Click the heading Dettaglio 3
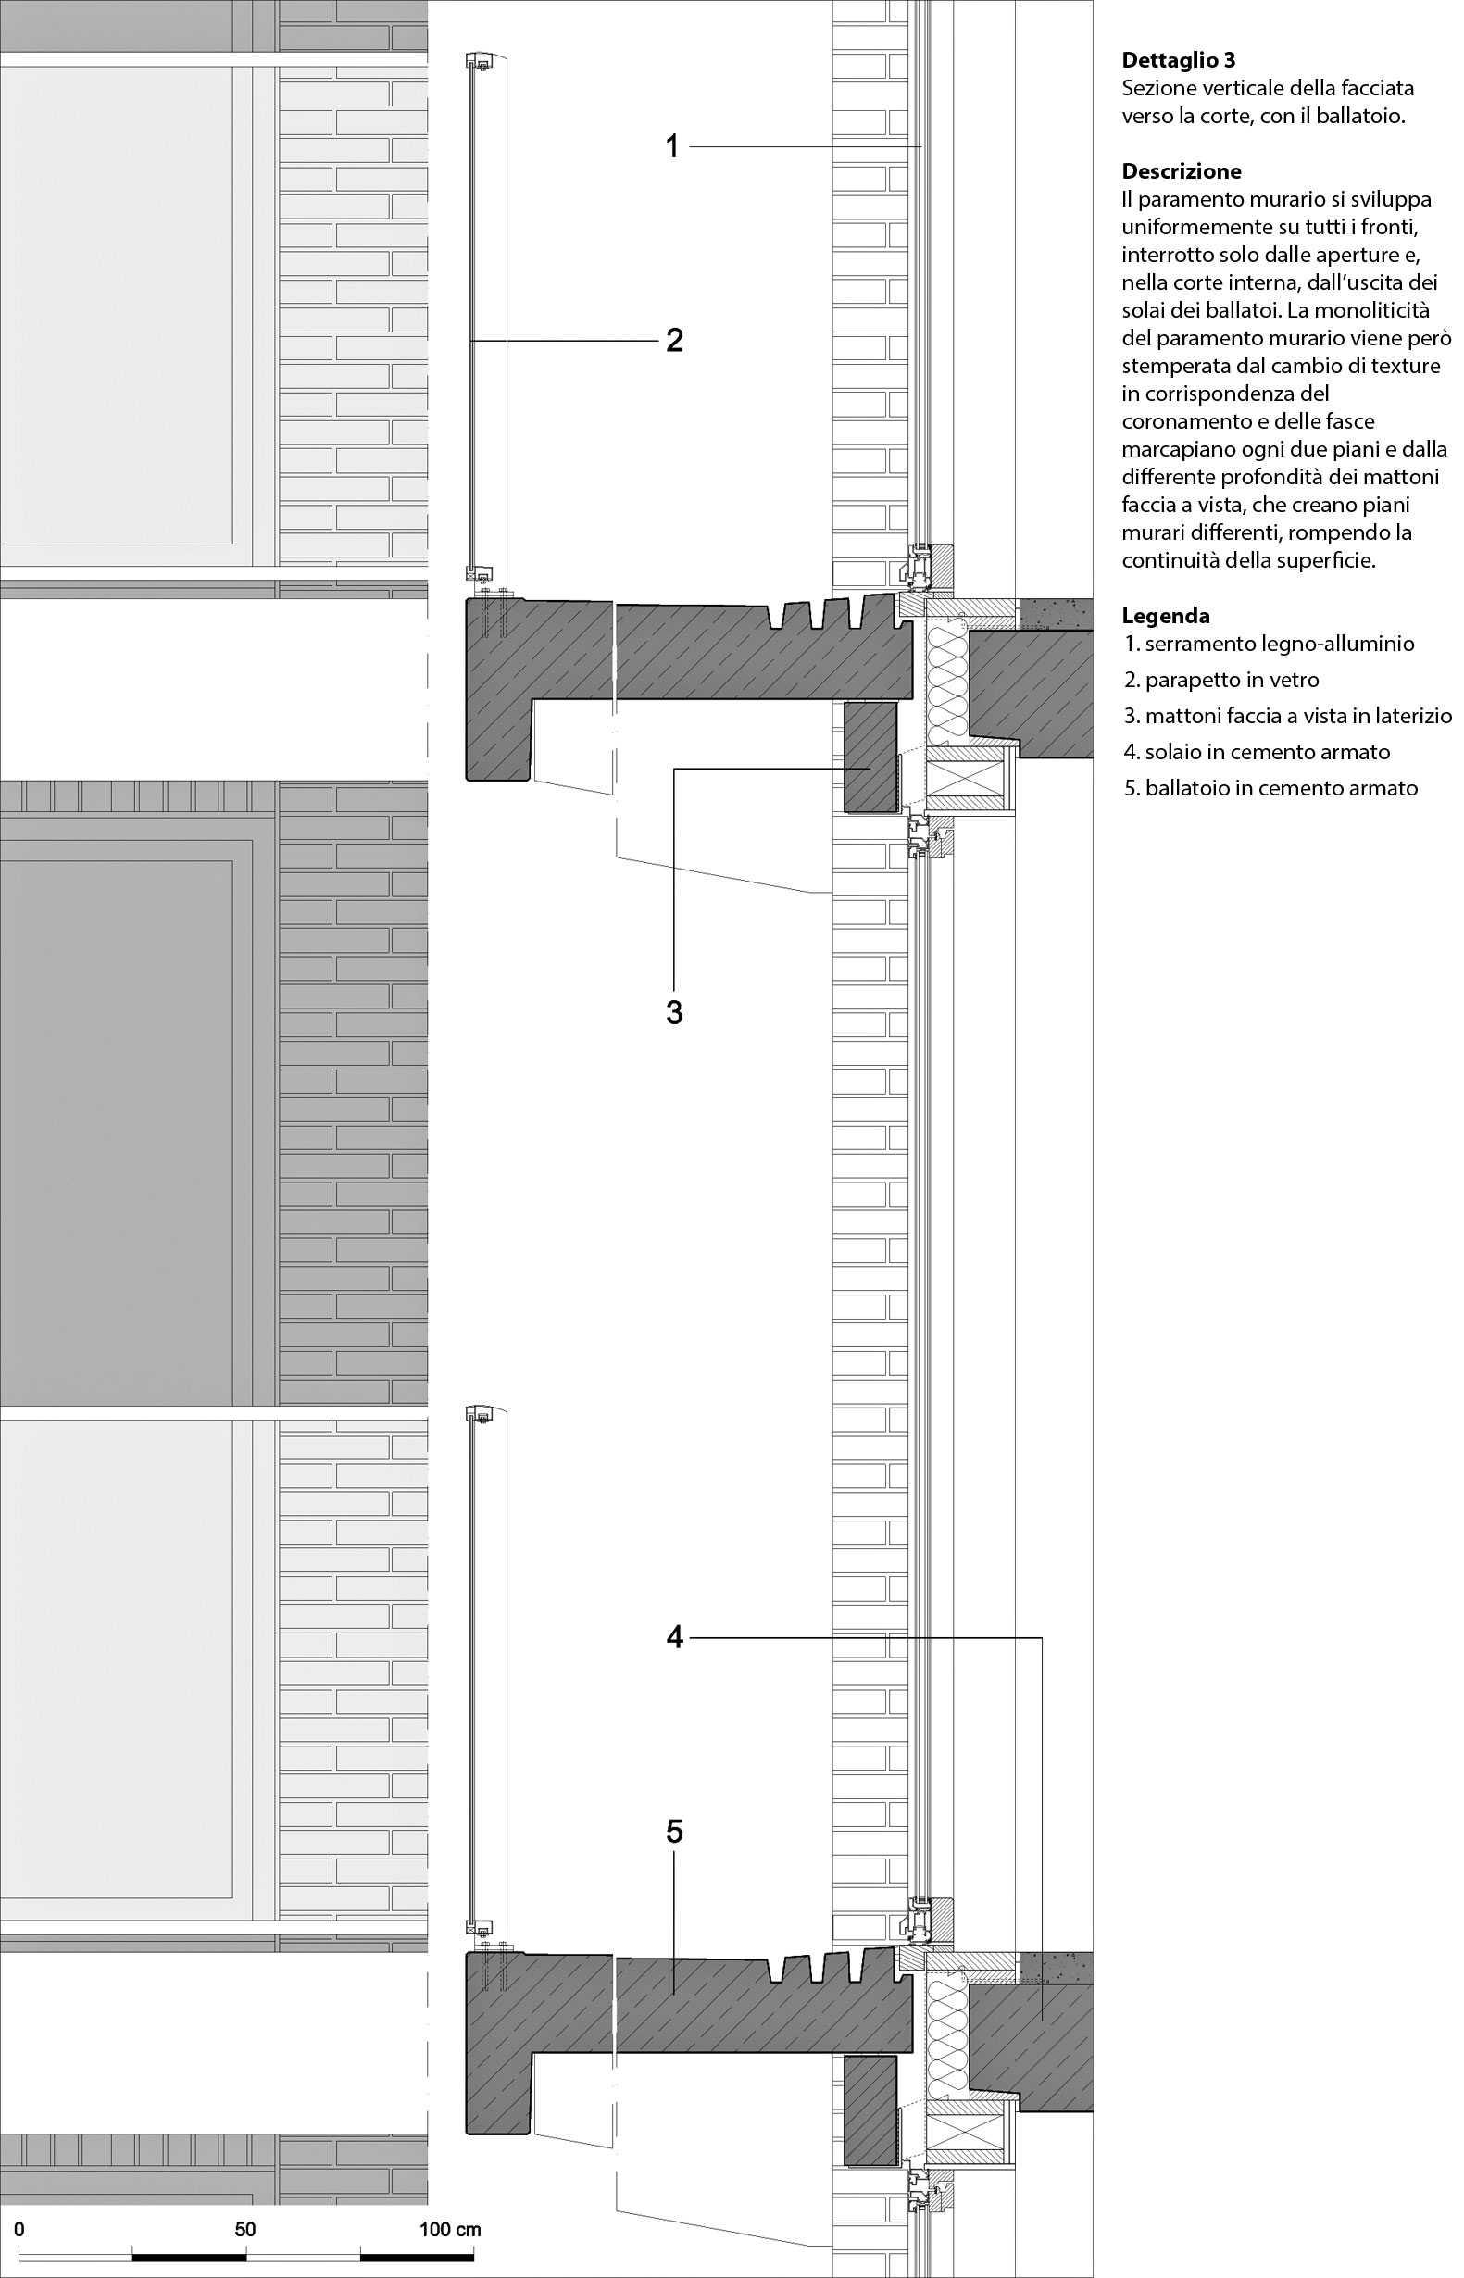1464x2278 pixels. [1179, 61]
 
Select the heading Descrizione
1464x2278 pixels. [1182, 172]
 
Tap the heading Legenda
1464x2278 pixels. [1166, 615]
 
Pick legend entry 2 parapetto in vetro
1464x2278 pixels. [1221, 680]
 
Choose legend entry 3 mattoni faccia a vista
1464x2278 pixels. [1288, 716]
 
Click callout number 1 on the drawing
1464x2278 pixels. [672, 147]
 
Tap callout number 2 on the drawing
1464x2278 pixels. [674, 341]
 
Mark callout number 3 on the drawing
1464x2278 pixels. [674, 1013]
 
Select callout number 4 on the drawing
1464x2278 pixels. [674, 1637]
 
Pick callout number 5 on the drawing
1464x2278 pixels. [674, 1832]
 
